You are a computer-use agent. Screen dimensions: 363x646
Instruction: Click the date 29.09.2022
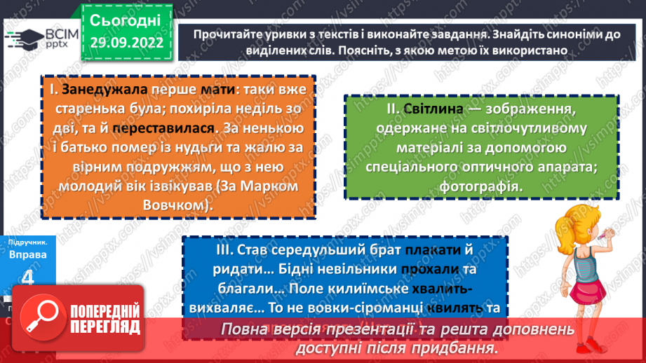coord(126,43)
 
